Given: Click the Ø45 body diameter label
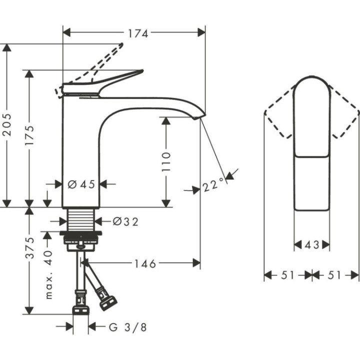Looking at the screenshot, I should pyautogui.click(x=80, y=184).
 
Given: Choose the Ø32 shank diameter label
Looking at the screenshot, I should pyautogui.click(x=125, y=221).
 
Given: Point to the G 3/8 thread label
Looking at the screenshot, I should pyautogui.click(x=128, y=327).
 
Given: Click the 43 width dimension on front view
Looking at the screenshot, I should pyautogui.click(x=311, y=244).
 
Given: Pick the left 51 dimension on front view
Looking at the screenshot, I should pyautogui.click(x=287, y=274).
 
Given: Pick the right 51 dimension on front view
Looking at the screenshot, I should pyautogui.click(x=336, y=274).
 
